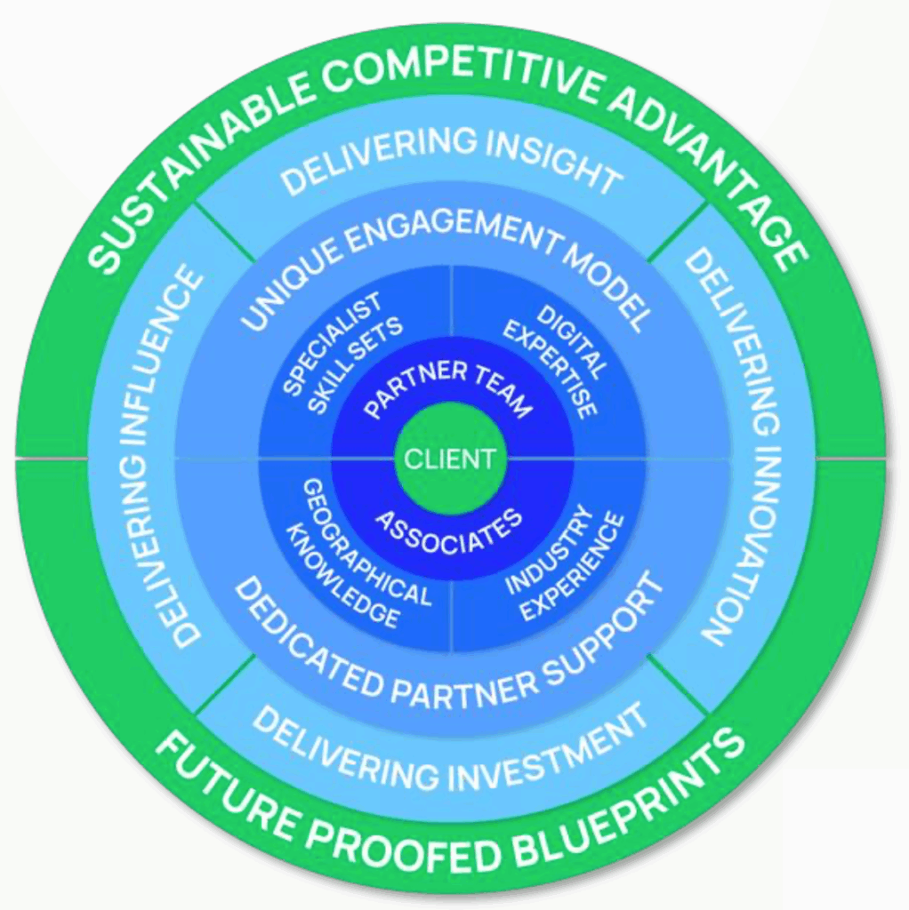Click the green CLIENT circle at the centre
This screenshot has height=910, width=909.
tap(449, 459)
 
